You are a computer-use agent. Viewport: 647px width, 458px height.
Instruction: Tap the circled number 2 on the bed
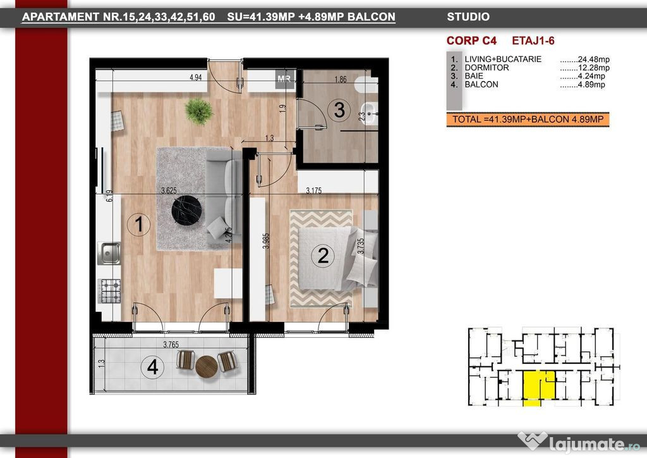click(x=323, y=256)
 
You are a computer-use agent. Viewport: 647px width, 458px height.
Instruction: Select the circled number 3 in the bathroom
click(x=339, y=110)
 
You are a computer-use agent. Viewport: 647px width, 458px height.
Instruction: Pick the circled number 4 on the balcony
click(x=152, y=367)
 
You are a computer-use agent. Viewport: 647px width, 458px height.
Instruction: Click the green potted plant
click(x=199, y=111)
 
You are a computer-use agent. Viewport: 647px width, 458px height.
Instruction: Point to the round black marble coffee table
click(x=186, y=210)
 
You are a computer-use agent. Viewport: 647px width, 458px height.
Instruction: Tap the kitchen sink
click(x=109, y=253)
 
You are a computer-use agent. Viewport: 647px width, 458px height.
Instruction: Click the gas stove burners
click(x=110, y=291)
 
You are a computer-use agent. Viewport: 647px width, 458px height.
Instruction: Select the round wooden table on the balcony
click(x=207, y=367)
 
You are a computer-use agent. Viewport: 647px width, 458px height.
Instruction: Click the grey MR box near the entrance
click(x=285, y=79)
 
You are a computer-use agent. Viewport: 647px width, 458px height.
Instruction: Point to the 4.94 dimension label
click(x=195, y=77)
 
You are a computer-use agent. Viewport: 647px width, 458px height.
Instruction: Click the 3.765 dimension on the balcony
click(x=171, y=344)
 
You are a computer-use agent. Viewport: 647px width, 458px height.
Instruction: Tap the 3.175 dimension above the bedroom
click(x=313, y=190)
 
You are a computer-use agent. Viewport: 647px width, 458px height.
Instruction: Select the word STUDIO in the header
click(x=468, y=17)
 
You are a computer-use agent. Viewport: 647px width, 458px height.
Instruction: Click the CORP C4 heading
click(x=471, y=41)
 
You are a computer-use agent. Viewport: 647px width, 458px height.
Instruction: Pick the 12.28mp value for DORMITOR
click(x=593, y=68)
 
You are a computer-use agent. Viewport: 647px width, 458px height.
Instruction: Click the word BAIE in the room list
click(x=474, y=76)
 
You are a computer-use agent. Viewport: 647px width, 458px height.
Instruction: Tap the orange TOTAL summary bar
click(x=528, y=120)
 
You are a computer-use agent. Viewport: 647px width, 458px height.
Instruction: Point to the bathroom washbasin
click(x=369, y=113)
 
